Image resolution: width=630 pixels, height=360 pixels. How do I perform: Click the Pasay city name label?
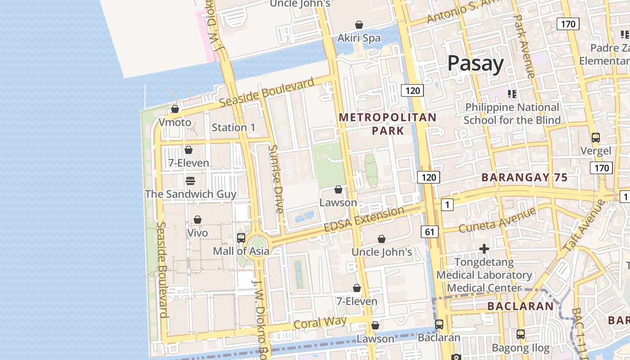click(475, 63)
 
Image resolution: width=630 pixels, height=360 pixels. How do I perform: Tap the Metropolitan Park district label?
click(387, 124)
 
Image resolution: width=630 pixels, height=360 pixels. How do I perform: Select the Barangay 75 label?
click(524, 177)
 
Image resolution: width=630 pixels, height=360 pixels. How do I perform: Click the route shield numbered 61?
click(430, 232)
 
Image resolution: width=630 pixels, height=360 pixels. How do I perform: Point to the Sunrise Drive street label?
click(276, 179)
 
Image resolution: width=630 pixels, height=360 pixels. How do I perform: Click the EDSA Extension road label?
click(364, 220)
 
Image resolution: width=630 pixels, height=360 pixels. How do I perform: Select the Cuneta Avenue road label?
click(497, 220)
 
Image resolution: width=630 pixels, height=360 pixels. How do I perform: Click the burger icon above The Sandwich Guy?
click(190, 181)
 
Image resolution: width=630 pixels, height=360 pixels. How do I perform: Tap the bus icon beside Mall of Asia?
click(241, 238)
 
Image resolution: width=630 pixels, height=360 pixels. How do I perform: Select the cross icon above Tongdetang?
click(484, 248)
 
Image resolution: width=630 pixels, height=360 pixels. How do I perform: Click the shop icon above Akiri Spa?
click(359, 25)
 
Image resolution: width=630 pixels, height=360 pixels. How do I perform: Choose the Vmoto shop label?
click(175, 122)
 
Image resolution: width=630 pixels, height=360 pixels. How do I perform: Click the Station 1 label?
click(233, 127)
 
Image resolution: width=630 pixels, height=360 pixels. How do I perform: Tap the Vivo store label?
click(198, 233)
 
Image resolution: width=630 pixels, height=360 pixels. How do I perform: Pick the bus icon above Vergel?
click(596, 138)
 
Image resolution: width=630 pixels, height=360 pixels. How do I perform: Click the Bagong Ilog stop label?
click(521, 348)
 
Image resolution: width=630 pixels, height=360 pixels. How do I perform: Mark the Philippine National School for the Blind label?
click(512, 113)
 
